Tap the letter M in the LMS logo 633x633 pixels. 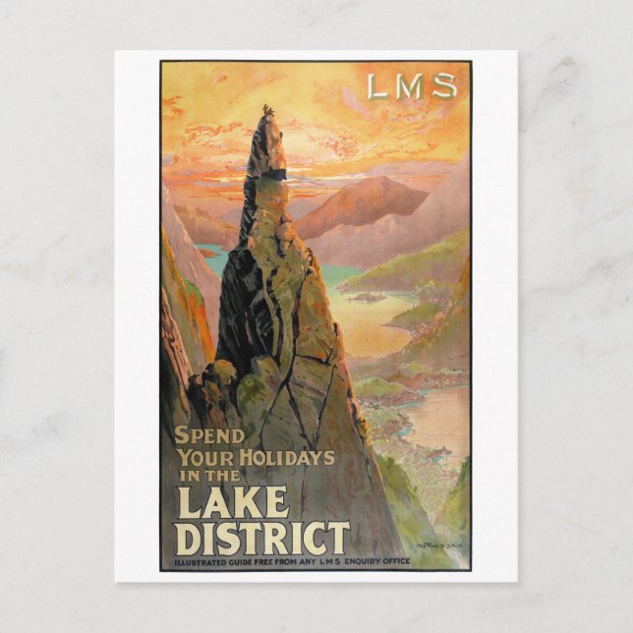(x=410, y=87)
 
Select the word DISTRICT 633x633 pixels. (x=261, y=538)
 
